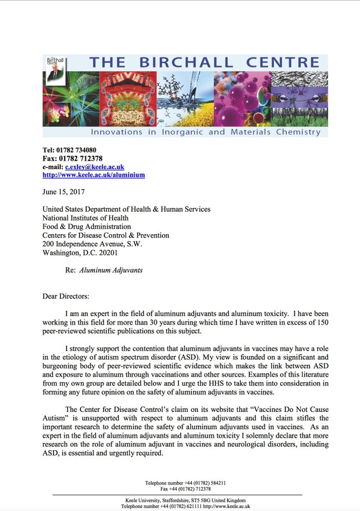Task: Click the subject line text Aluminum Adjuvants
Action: pos(111,270)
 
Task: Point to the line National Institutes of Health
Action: pos(85,218)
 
